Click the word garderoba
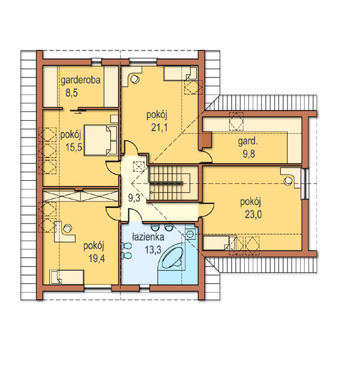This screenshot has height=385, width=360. (x=80, y=80)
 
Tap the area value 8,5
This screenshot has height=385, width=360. (x=71, y=93)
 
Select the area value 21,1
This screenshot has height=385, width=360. (x=159, y=128)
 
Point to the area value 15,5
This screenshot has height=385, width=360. (x=74, y=147)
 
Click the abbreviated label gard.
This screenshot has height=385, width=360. (x=248, y=142)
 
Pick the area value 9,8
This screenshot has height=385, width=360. (x=249, y=154)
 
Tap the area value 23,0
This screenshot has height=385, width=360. (x=253, y=214)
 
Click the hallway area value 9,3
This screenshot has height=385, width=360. (x=134, y=198)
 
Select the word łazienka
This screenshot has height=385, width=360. (x=148, y=237)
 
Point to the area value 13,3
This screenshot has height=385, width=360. (x=153, y=250)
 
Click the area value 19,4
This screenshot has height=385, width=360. (x=97, y=258)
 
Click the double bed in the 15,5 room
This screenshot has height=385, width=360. (x=101, y=140)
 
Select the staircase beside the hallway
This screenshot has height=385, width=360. (x=169, y=183)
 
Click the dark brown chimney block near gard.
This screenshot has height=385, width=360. (x=207, y=140)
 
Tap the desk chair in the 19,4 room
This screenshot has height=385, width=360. (x=67, y=228)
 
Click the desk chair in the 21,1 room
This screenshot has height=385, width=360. (x=134, y=79)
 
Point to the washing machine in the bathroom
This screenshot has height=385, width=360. (x=190, y=234)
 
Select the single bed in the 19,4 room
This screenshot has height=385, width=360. (x=67, y=277)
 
